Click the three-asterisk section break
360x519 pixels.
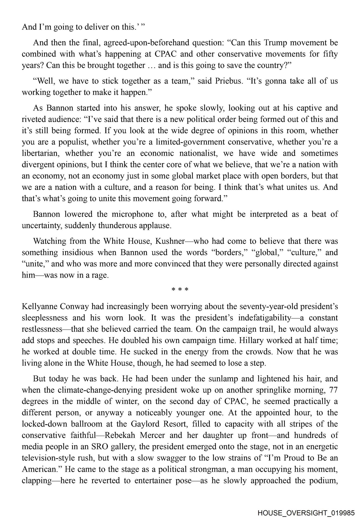(180, 290)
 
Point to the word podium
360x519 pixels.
(322, 481)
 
